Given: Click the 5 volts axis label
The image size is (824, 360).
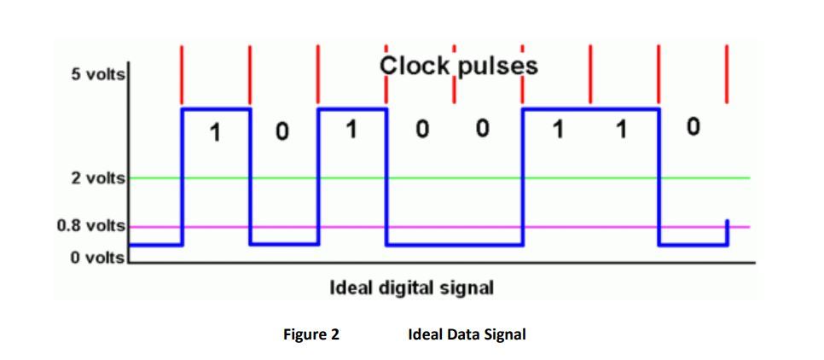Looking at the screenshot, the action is (x=98, y=74).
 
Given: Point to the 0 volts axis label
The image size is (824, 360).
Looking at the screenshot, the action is (x=98, y=257).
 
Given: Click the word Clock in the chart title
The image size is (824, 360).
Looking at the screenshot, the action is (x=413, y=66).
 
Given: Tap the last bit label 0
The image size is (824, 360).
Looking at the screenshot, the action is (x=693, y=128).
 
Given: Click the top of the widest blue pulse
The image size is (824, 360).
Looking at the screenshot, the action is (x=590, y=109).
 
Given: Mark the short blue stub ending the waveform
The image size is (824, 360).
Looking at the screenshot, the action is (x=727, y=232).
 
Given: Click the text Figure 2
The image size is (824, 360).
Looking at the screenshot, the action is (x=310, y=334).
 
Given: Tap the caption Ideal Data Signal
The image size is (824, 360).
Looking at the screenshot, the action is (x=467, y=334).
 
